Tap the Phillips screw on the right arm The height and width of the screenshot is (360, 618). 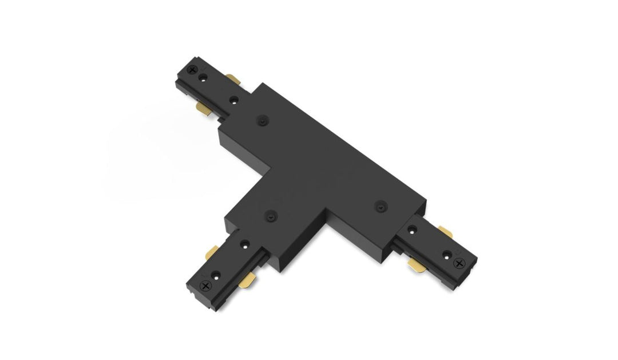458,262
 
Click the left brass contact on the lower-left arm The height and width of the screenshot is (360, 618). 212,252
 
